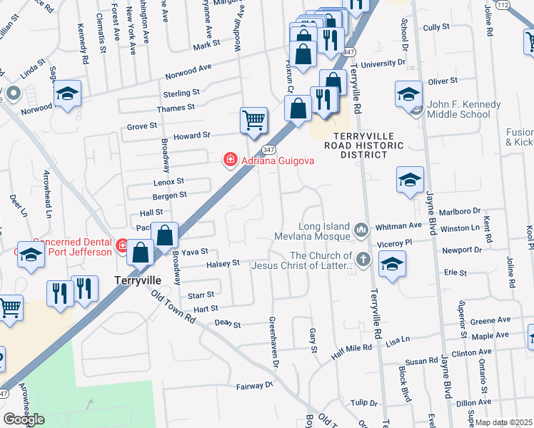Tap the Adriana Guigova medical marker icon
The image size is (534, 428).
(230, 160)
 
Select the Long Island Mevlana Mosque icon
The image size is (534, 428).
(361, 230)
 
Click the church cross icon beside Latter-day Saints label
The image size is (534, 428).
(363, 260)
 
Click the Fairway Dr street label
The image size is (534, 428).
(255, 386)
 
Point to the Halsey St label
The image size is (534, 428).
(223, 264)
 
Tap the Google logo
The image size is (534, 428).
(24, 419)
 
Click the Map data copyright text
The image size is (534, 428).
(504, 422)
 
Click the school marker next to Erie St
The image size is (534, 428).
(392, 265)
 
